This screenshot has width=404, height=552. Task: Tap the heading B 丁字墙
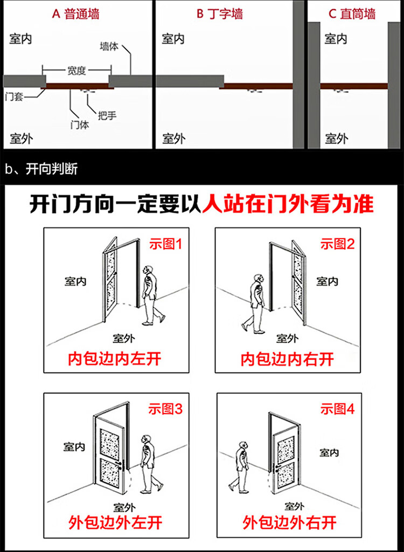click(x=219, y=14)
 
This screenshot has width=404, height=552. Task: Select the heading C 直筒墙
click(x=352, y=14)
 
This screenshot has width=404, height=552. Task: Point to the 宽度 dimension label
click(x=76, y=71)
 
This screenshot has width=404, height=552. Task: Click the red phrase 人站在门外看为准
click(x=288, y=205)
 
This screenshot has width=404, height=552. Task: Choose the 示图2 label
click(x=338, y=244)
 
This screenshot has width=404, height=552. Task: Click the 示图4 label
click(x=338, y=409)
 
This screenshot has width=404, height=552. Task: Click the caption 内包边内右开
click(x=287, y=358)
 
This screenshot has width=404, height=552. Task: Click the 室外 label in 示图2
click(x=287, y=339)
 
